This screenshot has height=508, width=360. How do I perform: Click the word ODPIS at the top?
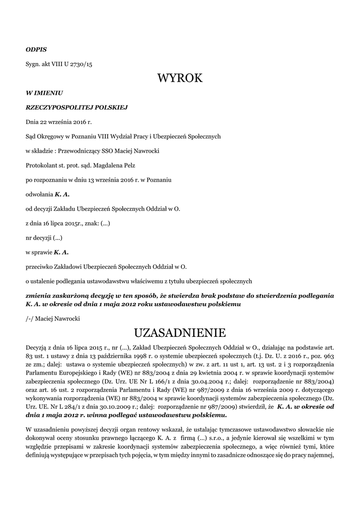click(36, 50)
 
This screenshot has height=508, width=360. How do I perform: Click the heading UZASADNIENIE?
click(180, 331)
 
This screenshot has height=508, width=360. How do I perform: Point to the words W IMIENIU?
click(44, 92)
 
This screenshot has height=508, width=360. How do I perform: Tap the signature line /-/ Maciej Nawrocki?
click(53, 318)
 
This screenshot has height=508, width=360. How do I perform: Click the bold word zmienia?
click(38, 296)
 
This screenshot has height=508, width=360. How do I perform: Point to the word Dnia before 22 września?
click(33, 121)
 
